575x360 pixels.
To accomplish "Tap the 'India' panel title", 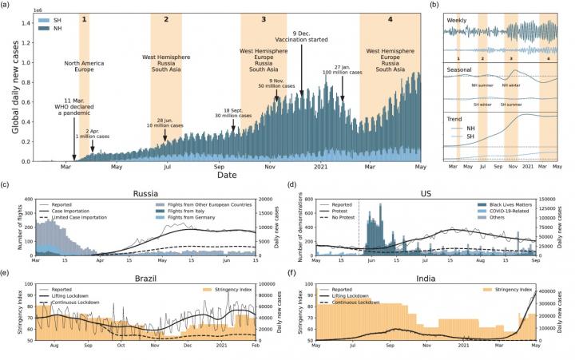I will coord(429,274).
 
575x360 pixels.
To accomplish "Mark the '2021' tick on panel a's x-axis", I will coord(319,166).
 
